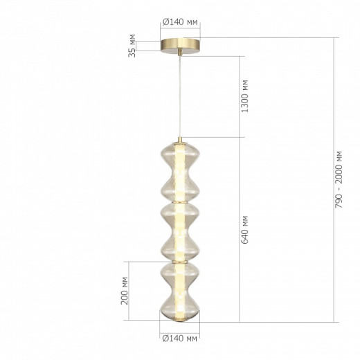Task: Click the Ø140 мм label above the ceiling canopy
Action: pos(179,23)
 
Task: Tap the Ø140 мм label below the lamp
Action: pos(179,339)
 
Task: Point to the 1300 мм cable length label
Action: pos(246,95)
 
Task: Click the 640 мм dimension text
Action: pos(246,228)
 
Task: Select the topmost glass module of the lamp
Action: pos(179,170)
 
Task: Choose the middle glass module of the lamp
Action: pos(179,231)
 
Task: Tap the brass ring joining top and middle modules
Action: pos(179,201)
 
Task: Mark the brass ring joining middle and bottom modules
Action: pos(179,262)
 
